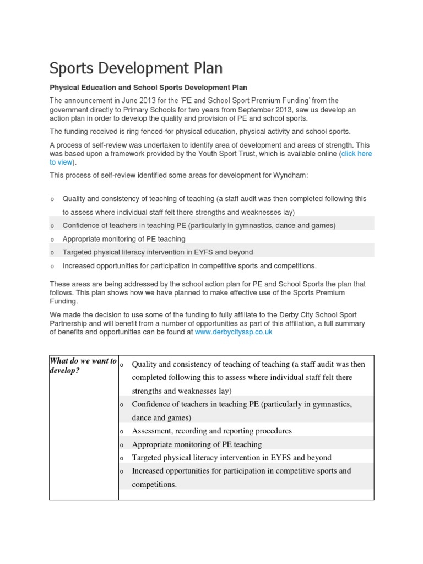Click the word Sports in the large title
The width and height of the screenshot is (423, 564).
[73, 68]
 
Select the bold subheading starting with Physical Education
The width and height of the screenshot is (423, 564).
[148, 88]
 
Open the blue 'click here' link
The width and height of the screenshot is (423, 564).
[356, 154]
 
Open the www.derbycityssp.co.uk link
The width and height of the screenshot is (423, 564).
[234, 332]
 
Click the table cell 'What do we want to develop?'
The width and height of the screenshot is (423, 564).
[83, 365]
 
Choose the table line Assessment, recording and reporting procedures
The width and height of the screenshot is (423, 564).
[211, 431]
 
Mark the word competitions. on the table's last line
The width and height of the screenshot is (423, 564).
[154, 484]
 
